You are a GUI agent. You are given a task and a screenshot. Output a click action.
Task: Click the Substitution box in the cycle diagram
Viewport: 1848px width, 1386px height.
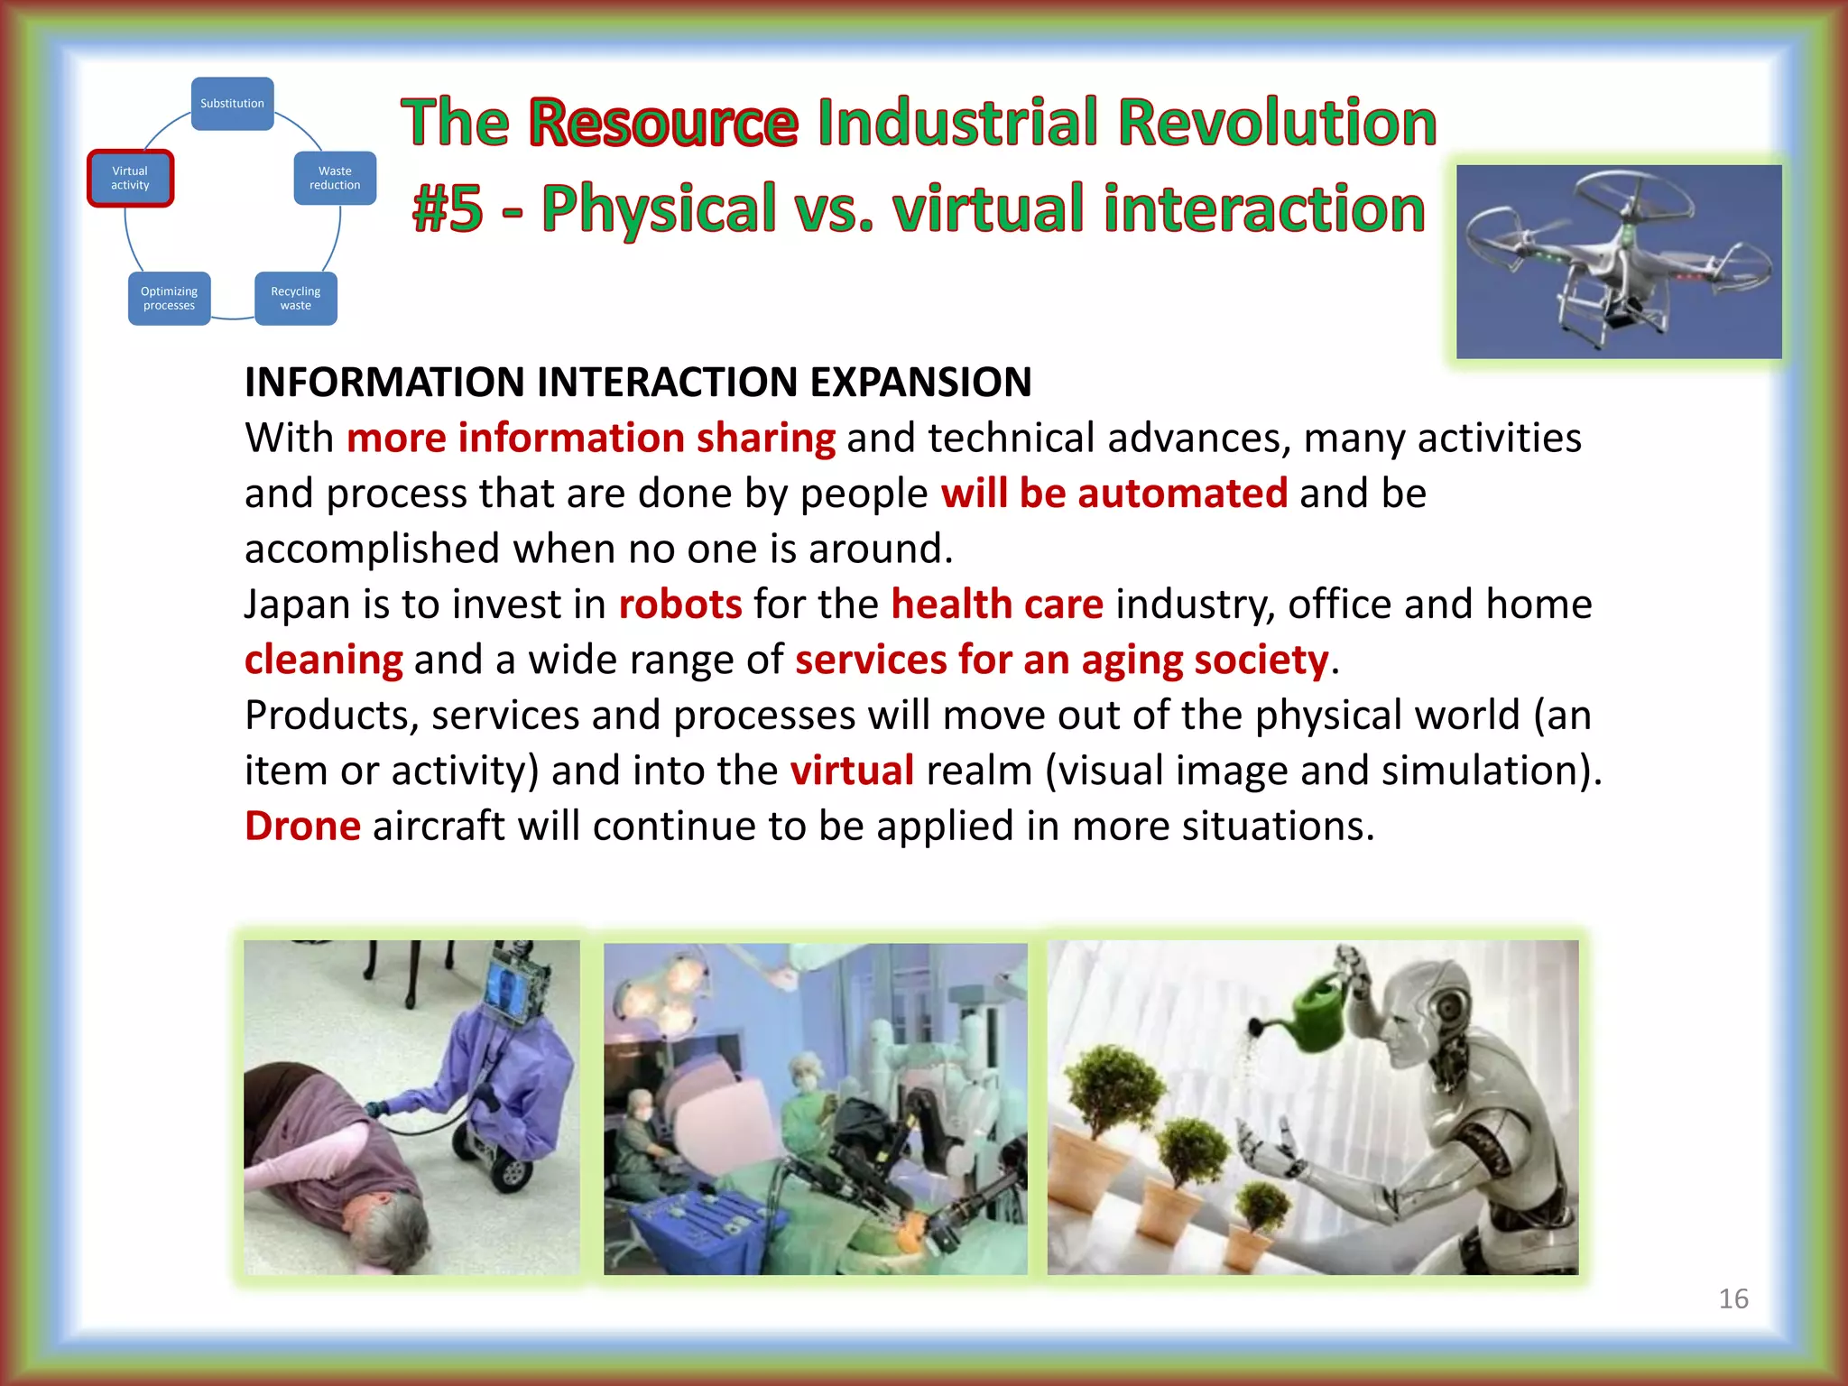232,104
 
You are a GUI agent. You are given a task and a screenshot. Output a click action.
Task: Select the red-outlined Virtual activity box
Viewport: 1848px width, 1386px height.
130,178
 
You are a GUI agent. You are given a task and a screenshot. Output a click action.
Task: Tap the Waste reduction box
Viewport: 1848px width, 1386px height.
335,178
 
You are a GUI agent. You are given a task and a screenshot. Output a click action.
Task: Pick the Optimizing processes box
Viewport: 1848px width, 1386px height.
169,299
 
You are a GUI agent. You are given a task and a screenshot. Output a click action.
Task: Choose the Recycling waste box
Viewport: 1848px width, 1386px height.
296,299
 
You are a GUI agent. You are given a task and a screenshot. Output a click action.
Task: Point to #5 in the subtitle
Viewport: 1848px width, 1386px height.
448,208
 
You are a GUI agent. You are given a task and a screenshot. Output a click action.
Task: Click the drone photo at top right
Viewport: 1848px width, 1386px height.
1618,261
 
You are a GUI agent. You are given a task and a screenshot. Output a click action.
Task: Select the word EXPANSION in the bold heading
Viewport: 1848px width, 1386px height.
920,382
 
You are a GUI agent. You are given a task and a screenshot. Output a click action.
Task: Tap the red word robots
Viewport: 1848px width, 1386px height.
679,604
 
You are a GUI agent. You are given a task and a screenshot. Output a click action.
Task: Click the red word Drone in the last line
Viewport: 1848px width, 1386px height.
302,826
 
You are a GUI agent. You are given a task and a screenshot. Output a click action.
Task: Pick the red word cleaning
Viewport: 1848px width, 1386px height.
323,660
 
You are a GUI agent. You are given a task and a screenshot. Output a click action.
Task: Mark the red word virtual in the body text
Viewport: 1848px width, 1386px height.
852,771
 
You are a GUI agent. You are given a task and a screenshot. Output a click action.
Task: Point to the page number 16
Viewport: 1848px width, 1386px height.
1732,1298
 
